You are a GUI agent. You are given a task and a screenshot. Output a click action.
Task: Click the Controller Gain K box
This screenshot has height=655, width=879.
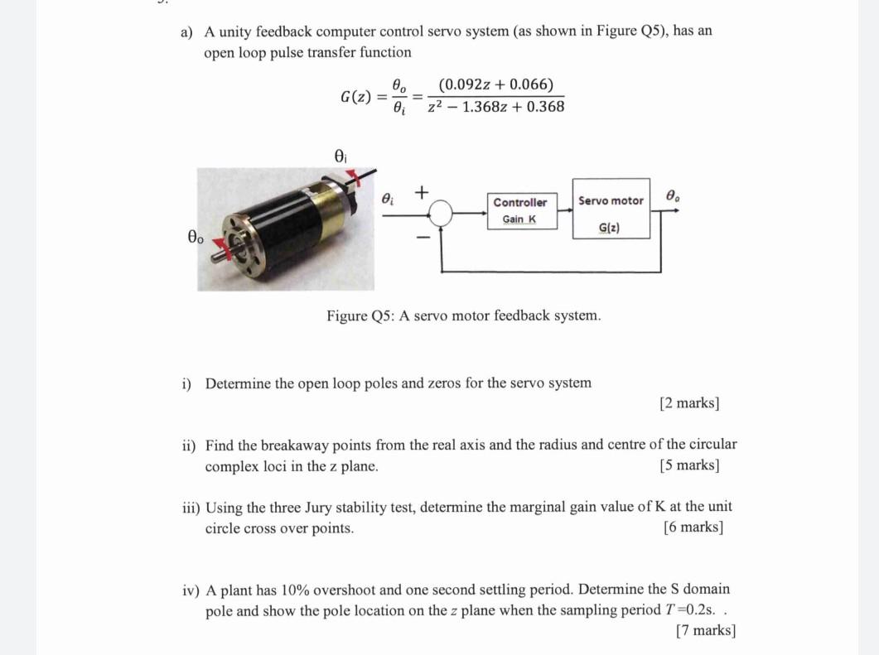(x=520, y=210)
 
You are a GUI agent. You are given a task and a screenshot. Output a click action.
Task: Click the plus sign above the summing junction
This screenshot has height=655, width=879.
(x=421, y=192)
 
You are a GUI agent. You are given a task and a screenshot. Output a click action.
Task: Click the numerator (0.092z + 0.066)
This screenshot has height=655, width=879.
(x=496, y=84)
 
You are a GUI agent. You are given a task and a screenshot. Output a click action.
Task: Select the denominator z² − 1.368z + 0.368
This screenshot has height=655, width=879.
(x=496, y=107)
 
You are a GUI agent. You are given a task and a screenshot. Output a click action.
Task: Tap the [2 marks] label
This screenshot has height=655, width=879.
(x=689, y=403)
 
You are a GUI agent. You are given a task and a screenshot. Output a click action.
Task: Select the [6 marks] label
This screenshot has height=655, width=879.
(x=693, y=527)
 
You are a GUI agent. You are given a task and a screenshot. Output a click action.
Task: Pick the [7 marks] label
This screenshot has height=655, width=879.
(x=705, y=631)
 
